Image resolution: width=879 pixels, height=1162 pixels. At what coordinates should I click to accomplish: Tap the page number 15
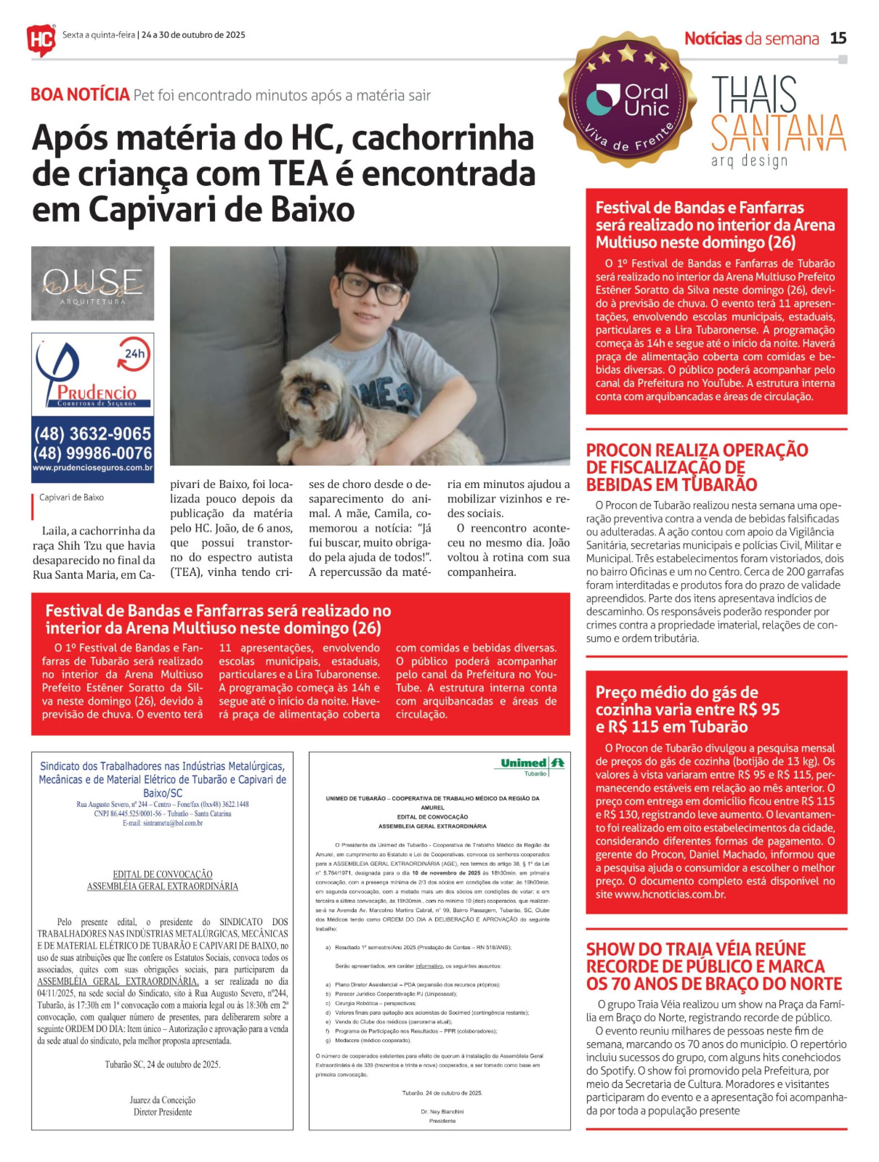(x=838, y=39)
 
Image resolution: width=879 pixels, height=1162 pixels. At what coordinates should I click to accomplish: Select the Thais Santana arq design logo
(x=778, y=121)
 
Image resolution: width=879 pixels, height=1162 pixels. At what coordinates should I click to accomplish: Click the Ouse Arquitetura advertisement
(x=93, y=283)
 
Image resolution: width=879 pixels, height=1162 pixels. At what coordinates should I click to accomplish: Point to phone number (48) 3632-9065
(x=93, y=434)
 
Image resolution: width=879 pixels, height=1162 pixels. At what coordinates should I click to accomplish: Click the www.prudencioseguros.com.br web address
(x=93, y=467)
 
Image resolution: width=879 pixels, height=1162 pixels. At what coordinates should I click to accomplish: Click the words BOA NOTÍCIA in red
(x=80, y=95)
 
